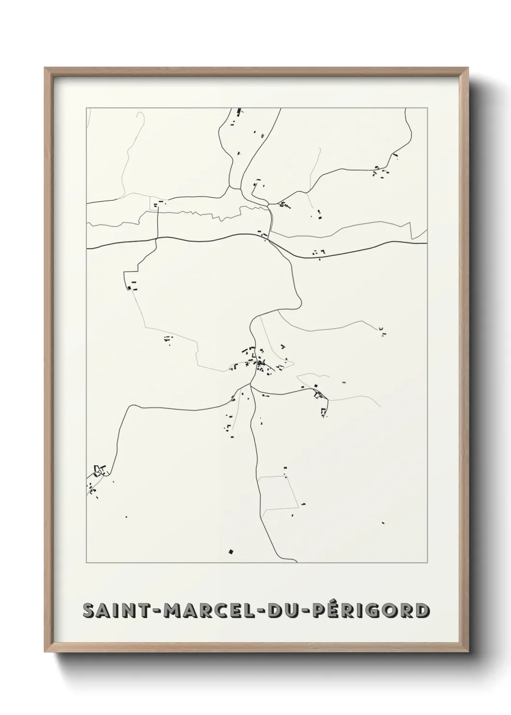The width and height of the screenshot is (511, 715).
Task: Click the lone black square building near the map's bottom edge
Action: pos(231,551)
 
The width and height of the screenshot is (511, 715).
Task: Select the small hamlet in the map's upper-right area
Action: pos(382,171)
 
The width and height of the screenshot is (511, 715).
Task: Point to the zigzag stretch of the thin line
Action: pos(193,213)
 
